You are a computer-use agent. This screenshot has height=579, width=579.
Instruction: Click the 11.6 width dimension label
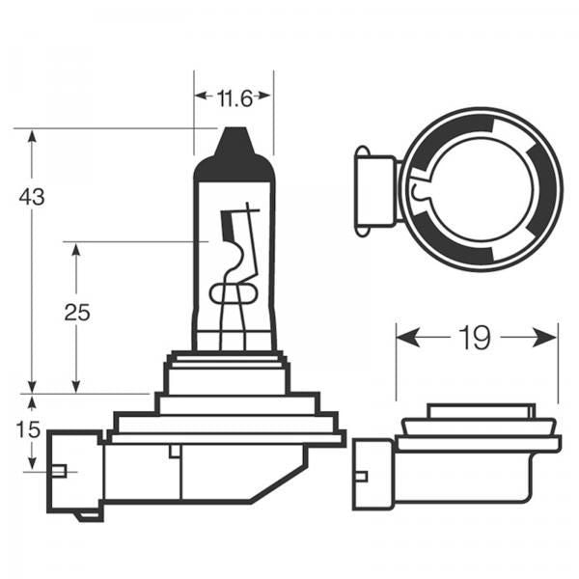233,97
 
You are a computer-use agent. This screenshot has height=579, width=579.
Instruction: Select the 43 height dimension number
32,197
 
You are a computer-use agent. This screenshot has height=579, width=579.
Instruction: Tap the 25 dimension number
76,312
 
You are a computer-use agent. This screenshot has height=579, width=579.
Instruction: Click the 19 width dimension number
476,338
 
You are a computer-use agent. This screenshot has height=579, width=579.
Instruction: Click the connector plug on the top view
374,189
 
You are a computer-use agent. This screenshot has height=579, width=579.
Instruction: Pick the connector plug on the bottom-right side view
372,474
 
